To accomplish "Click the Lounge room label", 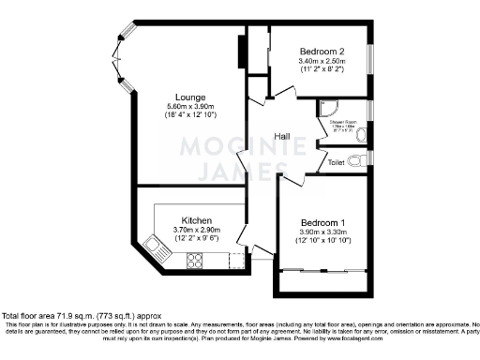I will (x=184, y=96).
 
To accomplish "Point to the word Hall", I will (x=280, y=137).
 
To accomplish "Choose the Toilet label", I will (x=337, y=162).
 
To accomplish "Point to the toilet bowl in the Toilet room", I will (x=363, y=161).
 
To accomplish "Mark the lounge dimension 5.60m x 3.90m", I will (x=184, y=106).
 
